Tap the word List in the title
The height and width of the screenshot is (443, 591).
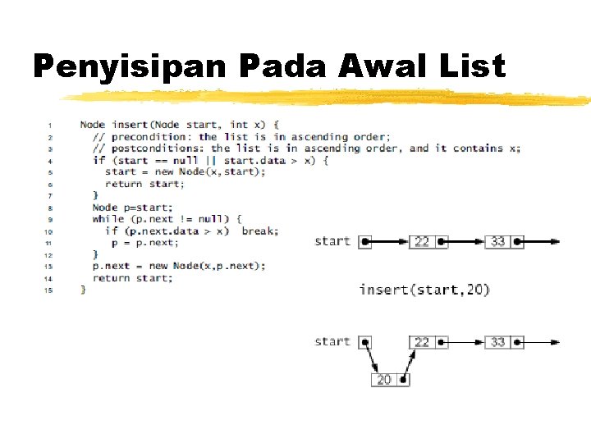tap(476, 66)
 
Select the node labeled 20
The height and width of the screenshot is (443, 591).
tap(384, 379)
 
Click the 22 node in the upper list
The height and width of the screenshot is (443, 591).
tap(422, 241)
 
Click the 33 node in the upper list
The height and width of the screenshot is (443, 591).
tap(498, 241)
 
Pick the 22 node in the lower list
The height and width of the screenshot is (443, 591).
tap(422, 341)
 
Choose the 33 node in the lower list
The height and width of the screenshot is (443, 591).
tap(498, 341)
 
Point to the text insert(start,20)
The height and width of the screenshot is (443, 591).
tap(424, 290)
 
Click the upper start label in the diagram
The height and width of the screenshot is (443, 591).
tap(332, 241)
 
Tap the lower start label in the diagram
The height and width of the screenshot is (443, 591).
tap(332, 341)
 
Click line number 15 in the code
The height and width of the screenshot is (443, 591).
tap(49, 290)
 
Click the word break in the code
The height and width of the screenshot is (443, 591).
tap(259, 231)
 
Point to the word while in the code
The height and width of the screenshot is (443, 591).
tap(108, 219)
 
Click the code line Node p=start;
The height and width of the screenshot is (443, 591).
tap(121, 208)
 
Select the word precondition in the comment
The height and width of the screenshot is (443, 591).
tap(152, 136)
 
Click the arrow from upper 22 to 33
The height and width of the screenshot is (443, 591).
tap(465, 241)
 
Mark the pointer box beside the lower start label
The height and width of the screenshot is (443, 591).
tap(366, 341)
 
